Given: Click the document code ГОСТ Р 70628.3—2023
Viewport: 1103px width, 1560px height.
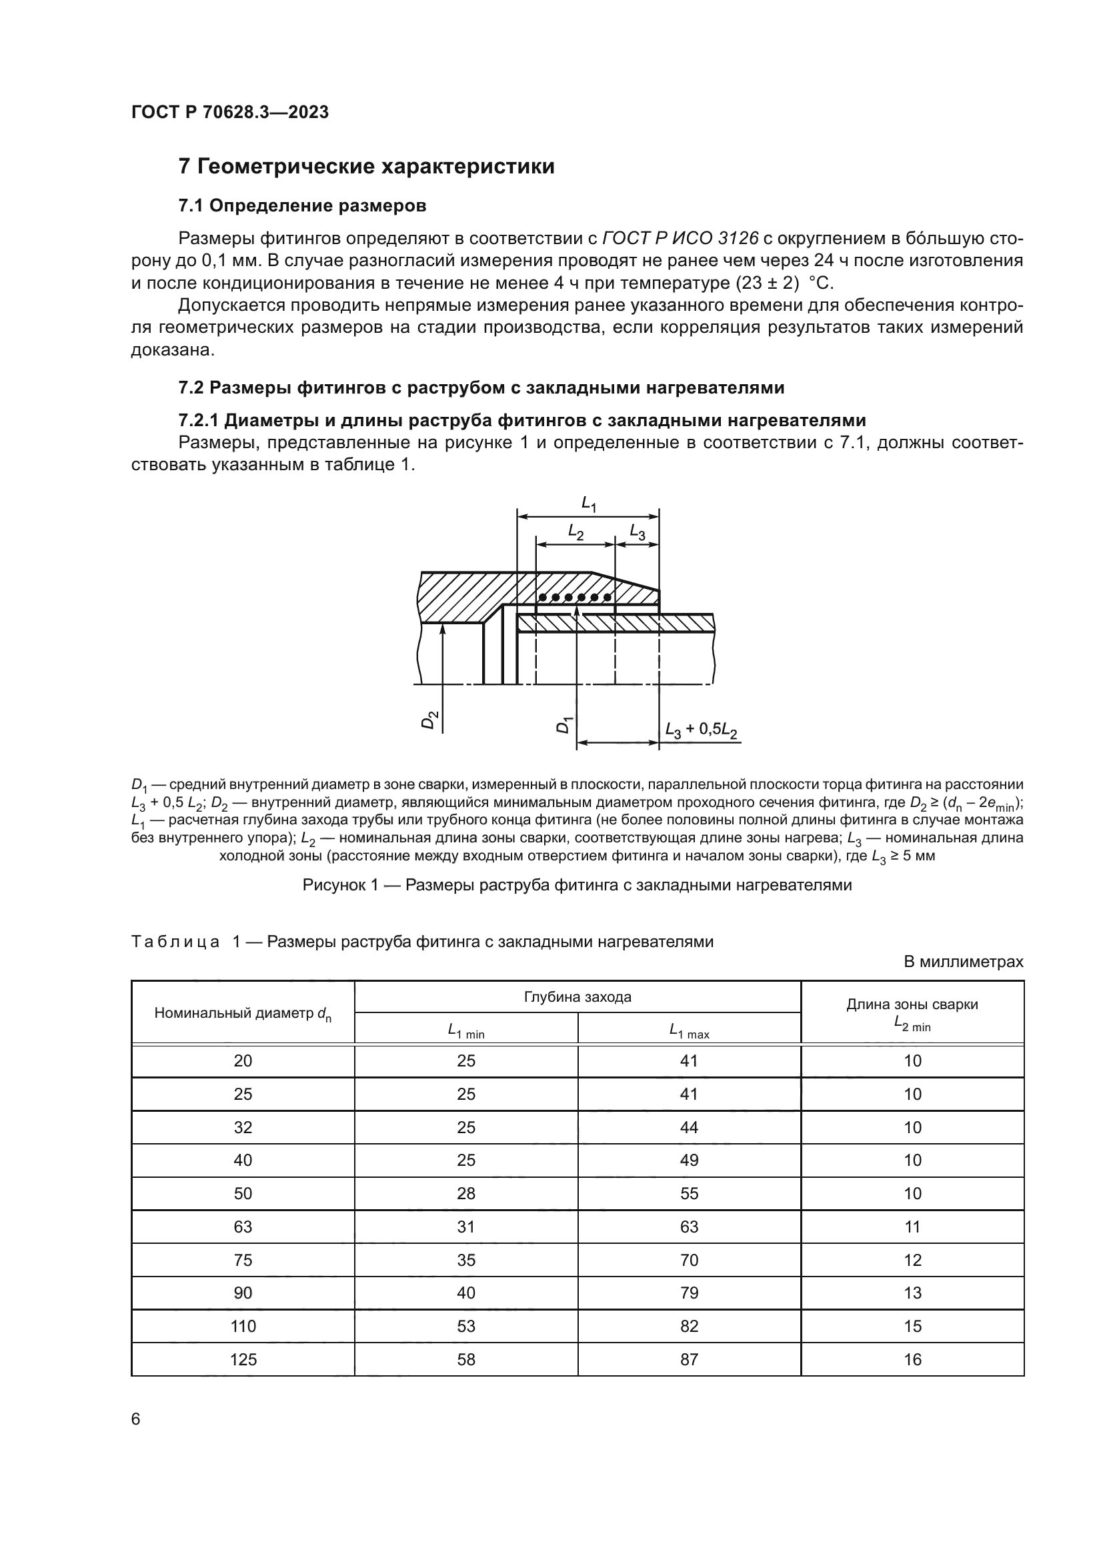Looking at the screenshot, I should point(229,112).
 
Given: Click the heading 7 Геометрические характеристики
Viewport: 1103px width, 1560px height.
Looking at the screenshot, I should point(366,167).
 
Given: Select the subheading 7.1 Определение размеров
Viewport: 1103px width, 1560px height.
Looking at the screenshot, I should point(302,205).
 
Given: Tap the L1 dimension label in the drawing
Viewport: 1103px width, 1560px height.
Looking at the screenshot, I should point(588,504).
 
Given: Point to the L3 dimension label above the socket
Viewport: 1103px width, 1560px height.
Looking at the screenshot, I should point(637,532).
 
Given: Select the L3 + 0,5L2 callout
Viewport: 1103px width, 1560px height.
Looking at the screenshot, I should point(702,730).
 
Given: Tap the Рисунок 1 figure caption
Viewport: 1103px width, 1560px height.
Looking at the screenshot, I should point(577,884).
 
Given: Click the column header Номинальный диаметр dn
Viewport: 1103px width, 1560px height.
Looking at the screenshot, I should point(243,1014).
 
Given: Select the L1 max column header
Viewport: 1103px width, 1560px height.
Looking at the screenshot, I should point(689,1031).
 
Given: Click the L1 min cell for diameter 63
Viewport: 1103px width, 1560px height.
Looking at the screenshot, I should point(466,1227).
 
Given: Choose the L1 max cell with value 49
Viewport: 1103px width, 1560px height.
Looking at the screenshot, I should point(689,1160).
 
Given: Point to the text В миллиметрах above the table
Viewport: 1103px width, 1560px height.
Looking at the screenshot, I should point(962,962).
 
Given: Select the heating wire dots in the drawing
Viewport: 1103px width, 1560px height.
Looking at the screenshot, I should point(575,598).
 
